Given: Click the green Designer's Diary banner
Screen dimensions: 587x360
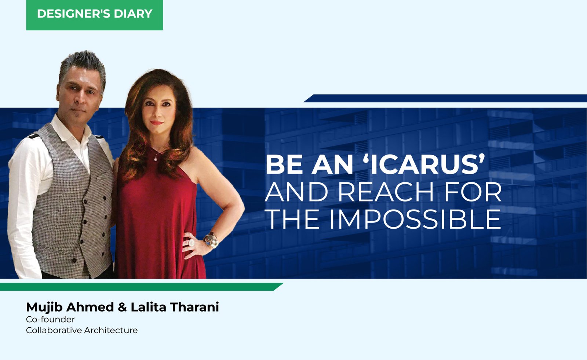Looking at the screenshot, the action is click(x=94, y=15).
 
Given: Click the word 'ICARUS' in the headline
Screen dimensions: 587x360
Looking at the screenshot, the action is click(x=426, y=165).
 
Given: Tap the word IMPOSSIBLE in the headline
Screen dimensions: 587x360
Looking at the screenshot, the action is click(x=415, y=219).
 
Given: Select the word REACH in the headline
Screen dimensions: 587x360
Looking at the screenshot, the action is click(x=386, y=192).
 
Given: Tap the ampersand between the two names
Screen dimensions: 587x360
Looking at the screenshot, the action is click(x=122, y=307).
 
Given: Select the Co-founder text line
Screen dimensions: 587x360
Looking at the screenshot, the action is click(x=50, y=319).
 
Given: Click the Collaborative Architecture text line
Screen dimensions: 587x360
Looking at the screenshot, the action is click(x=82, y=330).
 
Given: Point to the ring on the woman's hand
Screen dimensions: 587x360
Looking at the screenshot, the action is click(x=192, y=243).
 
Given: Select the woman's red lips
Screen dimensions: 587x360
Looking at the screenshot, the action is click(x=156, y=123).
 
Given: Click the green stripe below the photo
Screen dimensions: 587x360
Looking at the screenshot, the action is click(x=142, y=287).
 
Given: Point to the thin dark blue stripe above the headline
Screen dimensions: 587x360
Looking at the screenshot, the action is click(x=445, y=98).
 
